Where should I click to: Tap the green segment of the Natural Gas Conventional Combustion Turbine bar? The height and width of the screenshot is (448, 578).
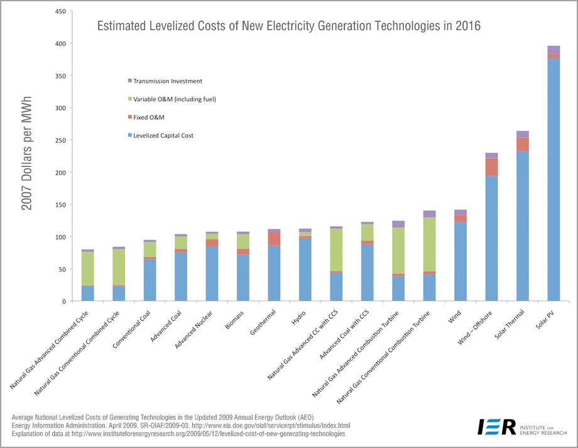429,244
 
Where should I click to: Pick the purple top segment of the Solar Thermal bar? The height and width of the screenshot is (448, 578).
523,134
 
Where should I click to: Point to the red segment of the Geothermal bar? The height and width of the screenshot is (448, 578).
274,239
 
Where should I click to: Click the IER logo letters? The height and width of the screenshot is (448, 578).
496,426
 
